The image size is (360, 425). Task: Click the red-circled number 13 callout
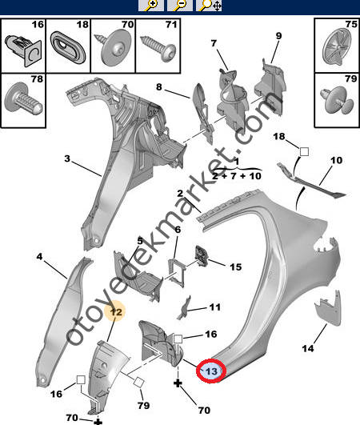[x=211, y=371]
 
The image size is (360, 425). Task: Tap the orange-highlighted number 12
[x=115, y=311]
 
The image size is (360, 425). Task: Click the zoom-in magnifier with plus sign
[x=151, y=5]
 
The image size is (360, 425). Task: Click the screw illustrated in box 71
[x=158, y=48]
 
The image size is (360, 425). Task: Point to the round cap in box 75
[x=337, y=46]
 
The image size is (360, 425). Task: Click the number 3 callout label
[x=67, y=158]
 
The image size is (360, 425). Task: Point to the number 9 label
[x=278, y=35]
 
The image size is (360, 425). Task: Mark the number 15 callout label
[x=235, y=267]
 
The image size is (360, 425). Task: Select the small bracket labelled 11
[x=184, y=307]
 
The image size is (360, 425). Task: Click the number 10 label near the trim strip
[x=336, y=160]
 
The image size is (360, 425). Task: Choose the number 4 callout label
[x=39, y=256]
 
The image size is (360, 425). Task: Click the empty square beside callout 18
[x=304, y=151]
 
